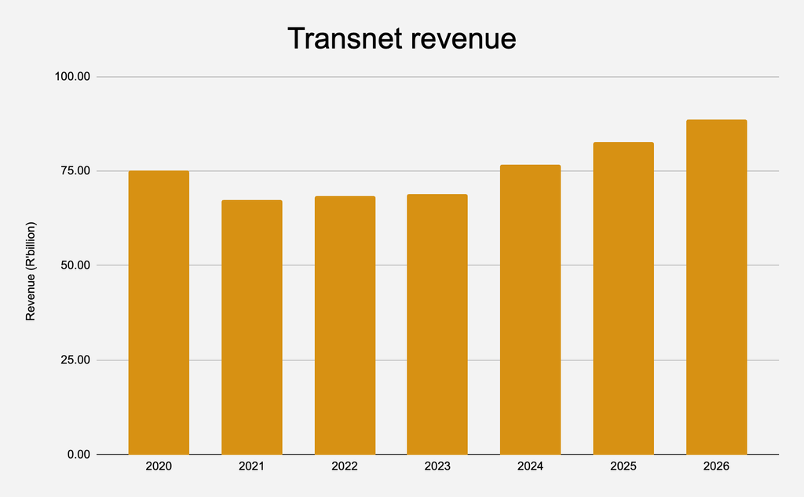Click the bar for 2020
tap(159, 312)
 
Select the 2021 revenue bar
tap(252, 327)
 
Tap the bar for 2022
tap(345, 325)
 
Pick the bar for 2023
tap(437, 324)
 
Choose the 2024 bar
tap(530, 309)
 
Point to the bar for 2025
tap(623, 298)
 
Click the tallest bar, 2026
tap(716, 287)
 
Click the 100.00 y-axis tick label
tap(72, 76)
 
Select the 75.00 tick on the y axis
tap(75, 171)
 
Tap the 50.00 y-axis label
tap(75, 265)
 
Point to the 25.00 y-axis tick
tap(75, 360)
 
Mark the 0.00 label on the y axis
tap(79, 455)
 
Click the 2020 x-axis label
tap(159, 466)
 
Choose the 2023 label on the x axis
tap(437, 466)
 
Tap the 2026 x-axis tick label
tap(716, 466)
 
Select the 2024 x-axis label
tap(530, 466)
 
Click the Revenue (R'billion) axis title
tap(31, 272)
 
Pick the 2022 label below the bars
tap(345, 466)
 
